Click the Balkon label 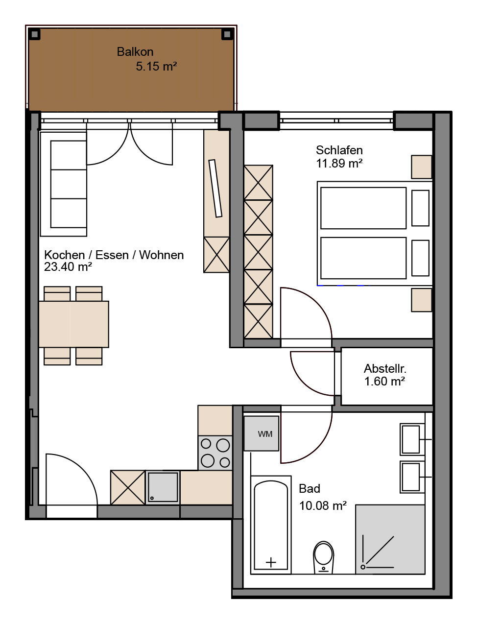click(x=135, y=52)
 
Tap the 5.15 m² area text click(x=156, y=67)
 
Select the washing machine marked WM click(x=261, y=433)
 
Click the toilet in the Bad click(x=324, y=557)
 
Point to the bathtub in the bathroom click(x=271, y=525)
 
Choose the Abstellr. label click(x=385, y=369)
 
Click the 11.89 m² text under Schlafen click(x=339, y=164)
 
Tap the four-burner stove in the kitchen click(x=215, y=453)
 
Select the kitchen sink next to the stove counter click(x=163, y=487)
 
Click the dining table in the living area click(x=73, y=324)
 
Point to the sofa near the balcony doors click(x=63, y=184)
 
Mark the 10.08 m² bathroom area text click(x=323, y=505)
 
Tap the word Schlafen click(x=339, y=150)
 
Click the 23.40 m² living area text click(x=68, y=266)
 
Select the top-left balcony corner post click(x=34, y=35)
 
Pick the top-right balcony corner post click(x=227, y=35)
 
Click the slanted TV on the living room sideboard click(x=215, y=189)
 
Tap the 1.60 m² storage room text click(x=384, y=382)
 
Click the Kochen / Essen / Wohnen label click(x=114, y=255)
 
